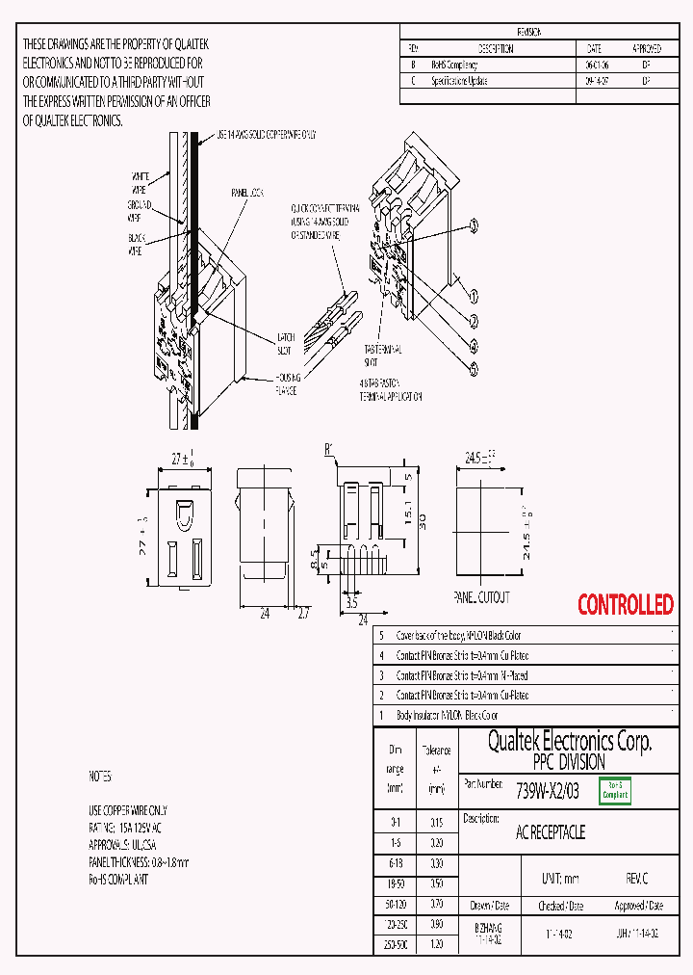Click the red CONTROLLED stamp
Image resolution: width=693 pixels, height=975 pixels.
[626, 605]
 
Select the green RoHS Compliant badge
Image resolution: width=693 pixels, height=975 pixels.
[615, 791]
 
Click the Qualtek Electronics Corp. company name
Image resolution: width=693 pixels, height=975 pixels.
[570, 741]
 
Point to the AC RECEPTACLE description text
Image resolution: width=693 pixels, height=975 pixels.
[551, 832]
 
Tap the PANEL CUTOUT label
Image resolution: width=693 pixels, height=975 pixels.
[481, 597]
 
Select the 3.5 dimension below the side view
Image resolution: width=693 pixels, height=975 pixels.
[352, 604]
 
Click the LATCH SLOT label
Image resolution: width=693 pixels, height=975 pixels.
[286, 342]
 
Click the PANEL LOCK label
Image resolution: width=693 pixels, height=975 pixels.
[246, 193]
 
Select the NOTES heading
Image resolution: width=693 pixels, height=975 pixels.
[100, 776]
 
